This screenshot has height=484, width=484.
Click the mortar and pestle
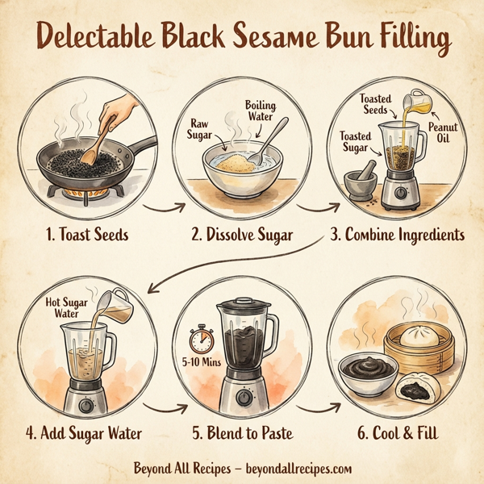(x=360, y=181)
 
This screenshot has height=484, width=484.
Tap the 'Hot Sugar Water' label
(x=64, y=307)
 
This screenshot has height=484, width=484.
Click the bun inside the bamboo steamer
(x=424, y=332)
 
